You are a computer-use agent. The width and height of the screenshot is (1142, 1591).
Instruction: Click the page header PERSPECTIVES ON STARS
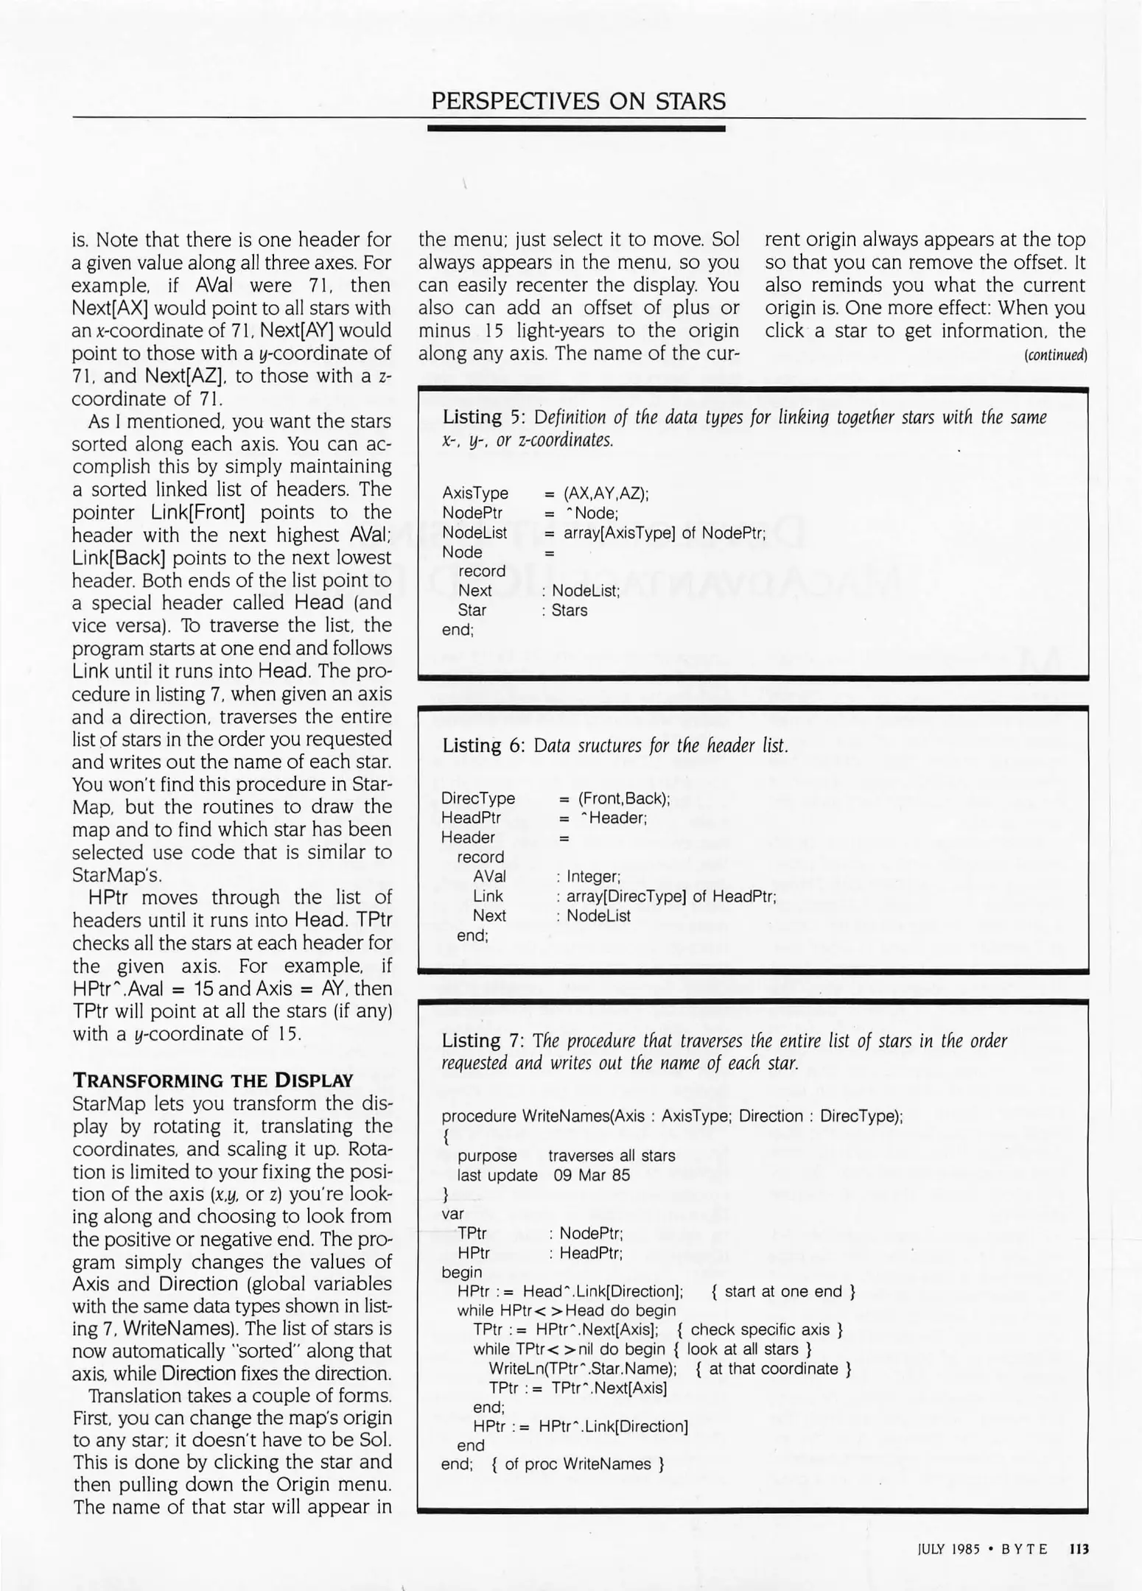578,101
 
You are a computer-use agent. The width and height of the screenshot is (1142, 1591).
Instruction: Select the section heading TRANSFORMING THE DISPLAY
213,1081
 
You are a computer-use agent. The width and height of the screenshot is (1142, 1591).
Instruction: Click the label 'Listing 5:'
483,418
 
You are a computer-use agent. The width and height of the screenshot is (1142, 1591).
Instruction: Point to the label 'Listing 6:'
483,746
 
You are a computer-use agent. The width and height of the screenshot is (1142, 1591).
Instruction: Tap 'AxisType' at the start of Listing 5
475,494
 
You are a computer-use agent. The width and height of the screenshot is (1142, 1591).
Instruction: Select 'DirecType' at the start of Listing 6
478,798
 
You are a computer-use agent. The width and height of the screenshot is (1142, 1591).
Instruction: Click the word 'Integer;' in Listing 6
594,877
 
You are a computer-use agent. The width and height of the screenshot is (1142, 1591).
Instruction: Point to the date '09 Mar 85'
592,1176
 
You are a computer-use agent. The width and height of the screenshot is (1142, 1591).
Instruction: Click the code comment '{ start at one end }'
783,1291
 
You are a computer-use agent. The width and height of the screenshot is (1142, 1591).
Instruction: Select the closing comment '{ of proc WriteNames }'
578,1464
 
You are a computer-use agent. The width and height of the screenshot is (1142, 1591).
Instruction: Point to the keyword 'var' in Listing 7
453,1213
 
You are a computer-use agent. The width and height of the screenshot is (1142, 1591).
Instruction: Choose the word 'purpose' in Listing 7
487,1156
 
